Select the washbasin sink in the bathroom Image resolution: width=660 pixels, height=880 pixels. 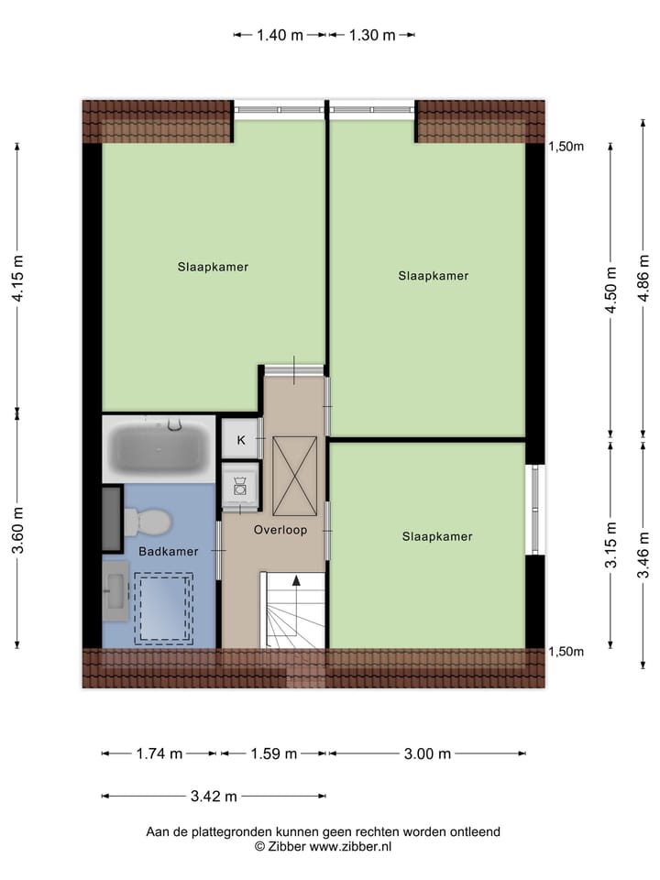115,590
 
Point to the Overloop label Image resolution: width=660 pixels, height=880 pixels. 280,530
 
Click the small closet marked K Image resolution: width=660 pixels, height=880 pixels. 241,440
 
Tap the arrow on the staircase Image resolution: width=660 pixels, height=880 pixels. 295,581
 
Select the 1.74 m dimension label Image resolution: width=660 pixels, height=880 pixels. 159,753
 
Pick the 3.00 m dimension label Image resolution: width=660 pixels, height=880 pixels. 428,753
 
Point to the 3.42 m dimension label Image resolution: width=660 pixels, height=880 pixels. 214,796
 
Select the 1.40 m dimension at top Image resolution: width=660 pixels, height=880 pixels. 279,36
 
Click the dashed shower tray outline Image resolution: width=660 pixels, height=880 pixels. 164,607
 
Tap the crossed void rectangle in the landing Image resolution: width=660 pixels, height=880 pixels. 295,475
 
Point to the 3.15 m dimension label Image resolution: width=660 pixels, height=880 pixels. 610,546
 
